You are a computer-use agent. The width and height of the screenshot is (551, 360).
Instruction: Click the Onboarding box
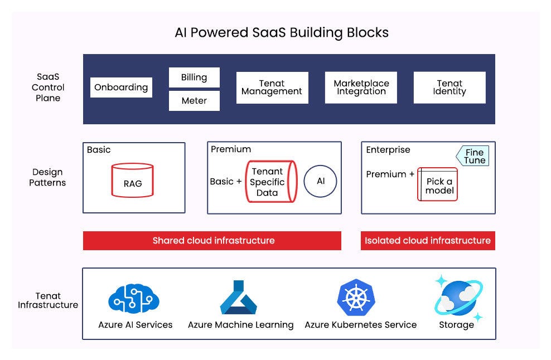point(121,87)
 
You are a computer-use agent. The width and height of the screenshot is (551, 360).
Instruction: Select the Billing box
point(194,77)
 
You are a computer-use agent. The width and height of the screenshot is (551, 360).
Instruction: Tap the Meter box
point(194,101)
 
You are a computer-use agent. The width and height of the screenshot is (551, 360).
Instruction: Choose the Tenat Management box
point(272,87)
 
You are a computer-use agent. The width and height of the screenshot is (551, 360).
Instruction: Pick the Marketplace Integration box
point(361,87)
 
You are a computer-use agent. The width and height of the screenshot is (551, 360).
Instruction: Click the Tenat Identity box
point(449,87)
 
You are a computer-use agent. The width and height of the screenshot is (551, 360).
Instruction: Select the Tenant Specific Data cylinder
point(267,182)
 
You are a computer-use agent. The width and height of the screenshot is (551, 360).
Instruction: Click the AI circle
point(320,182)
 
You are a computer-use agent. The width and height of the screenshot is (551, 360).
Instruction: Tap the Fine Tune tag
point(473,156)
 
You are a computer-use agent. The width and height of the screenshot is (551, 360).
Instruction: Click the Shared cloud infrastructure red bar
point(212,241)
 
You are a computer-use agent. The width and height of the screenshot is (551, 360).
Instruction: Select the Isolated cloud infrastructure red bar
point(428,241)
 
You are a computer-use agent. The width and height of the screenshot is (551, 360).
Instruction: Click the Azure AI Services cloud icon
point(134,299)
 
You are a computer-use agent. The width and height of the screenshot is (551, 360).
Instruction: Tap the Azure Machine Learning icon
point(239,298)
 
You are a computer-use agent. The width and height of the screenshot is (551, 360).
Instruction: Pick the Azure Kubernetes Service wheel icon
point(356,298)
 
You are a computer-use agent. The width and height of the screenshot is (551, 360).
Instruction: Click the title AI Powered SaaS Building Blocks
point(282,33)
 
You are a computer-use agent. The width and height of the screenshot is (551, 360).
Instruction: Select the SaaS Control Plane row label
point(48,87)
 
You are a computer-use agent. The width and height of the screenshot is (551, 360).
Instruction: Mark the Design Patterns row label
point(47,177)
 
